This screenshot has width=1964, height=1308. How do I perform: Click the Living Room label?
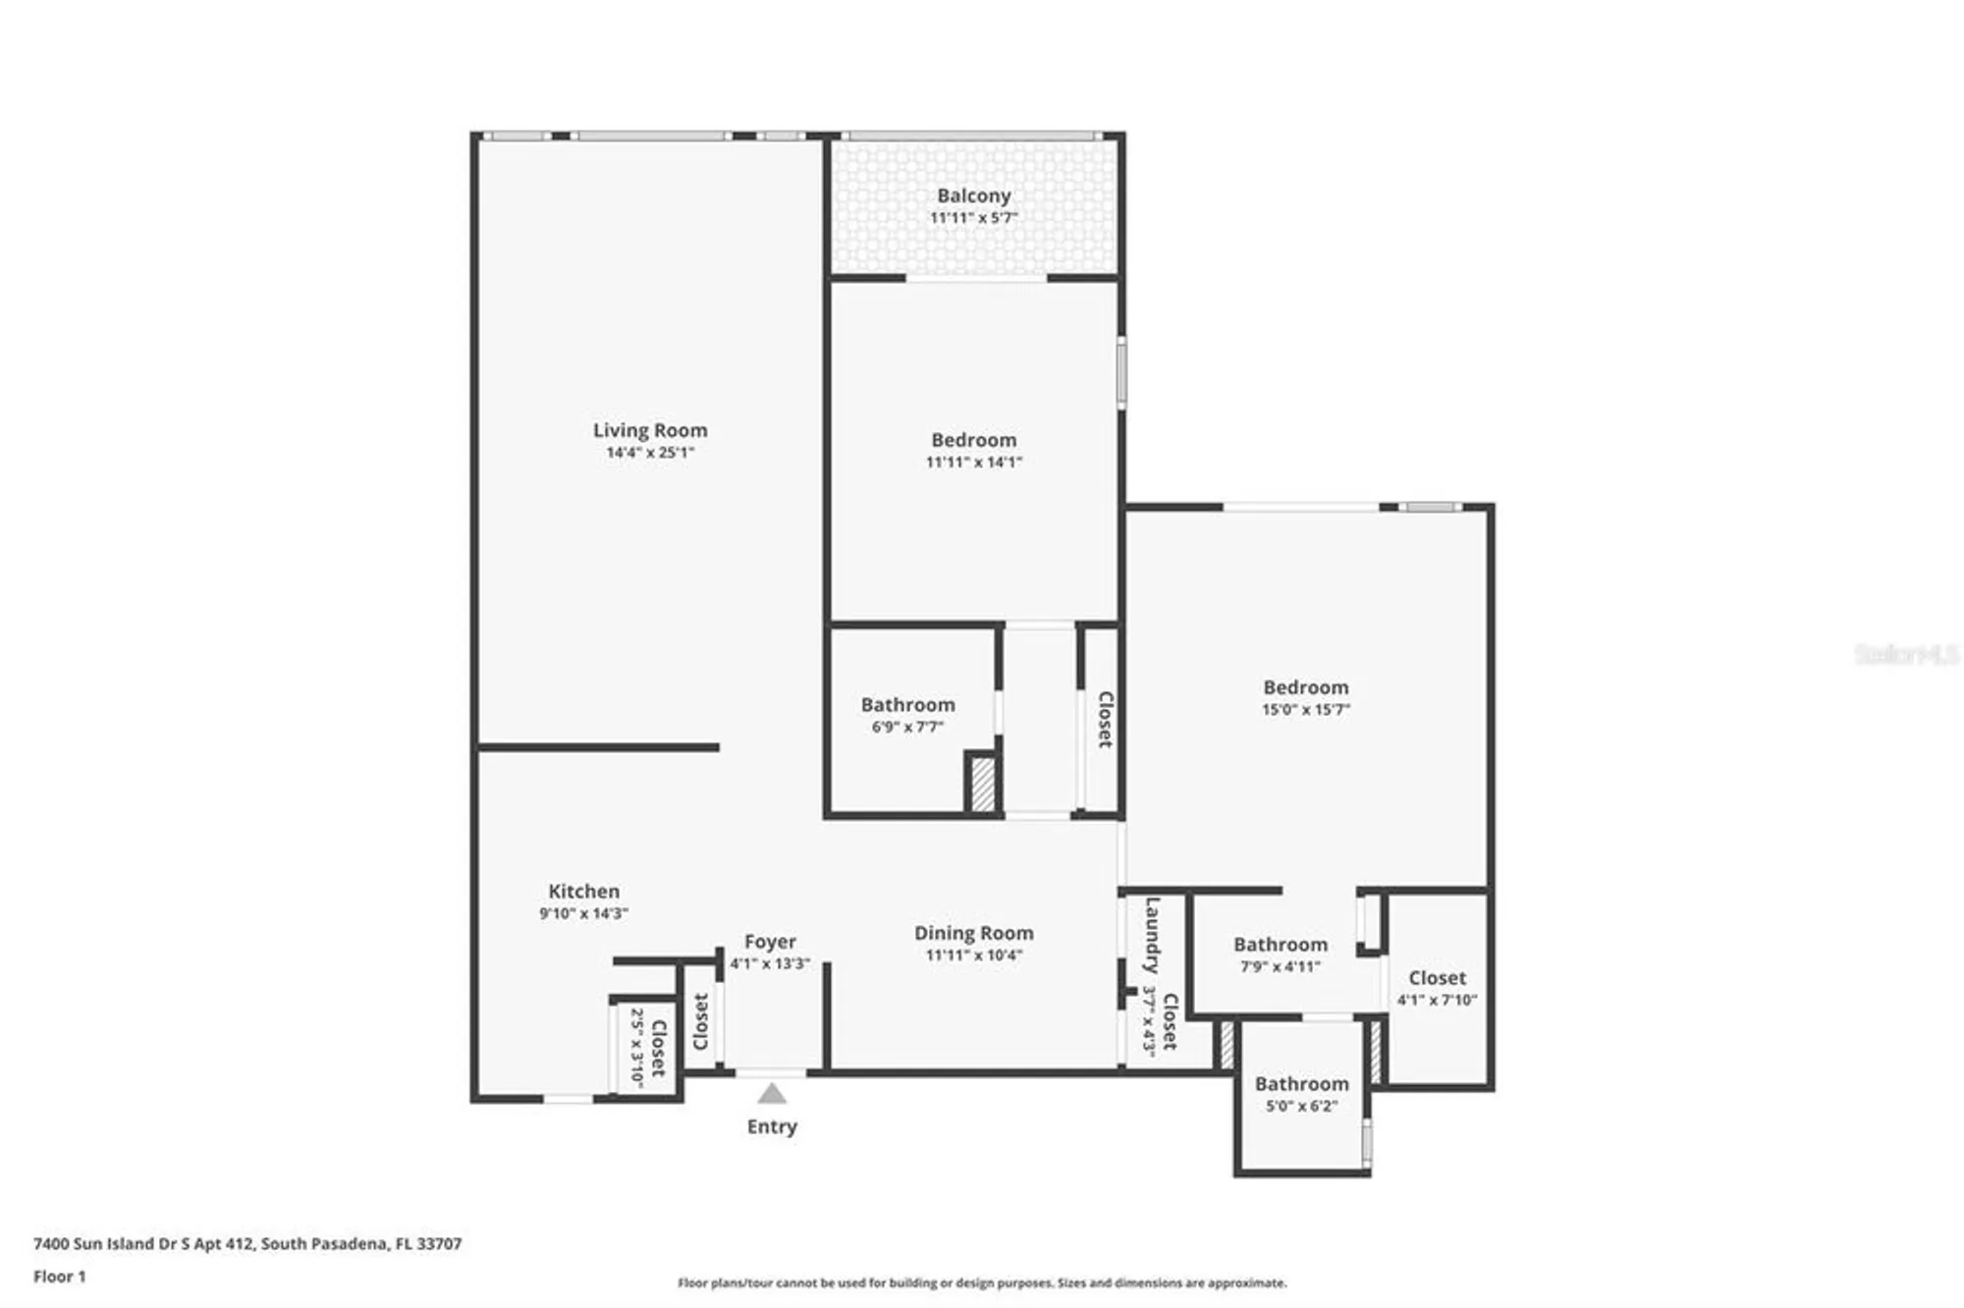click(649, 430)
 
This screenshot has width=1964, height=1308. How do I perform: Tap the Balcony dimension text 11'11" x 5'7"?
click(973, 218)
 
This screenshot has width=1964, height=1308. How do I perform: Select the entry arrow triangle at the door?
click(772, 1094)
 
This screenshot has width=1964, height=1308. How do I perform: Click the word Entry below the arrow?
click(772, 1126)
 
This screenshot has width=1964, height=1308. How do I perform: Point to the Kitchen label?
click(583, 892)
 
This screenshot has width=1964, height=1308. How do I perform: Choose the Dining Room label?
click(973, 933)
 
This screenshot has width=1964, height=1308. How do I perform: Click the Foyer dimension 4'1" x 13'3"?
click(770, 964)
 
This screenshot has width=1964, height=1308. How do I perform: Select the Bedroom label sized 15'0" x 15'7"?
click(1305, 687)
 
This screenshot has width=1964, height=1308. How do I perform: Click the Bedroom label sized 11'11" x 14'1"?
click(973, 440)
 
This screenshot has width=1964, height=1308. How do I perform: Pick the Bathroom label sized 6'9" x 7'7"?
click(907, 705)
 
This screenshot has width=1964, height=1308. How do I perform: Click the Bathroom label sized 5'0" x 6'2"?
click(1301, 1084)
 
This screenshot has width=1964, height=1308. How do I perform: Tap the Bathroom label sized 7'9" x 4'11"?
click(1281, 945)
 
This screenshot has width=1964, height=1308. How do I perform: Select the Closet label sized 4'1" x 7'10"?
click(1437, 978)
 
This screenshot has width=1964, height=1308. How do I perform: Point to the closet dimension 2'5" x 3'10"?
click(636, 1048)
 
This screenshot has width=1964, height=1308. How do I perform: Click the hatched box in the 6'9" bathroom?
click(982, 784)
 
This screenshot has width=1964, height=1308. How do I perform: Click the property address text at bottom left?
click(247, 1243)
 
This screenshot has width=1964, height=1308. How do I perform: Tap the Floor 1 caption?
click(60, 1277)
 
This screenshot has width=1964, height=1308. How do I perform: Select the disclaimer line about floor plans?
click(982, 1282)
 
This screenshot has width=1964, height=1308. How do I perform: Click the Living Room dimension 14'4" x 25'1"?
click(649, 453)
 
